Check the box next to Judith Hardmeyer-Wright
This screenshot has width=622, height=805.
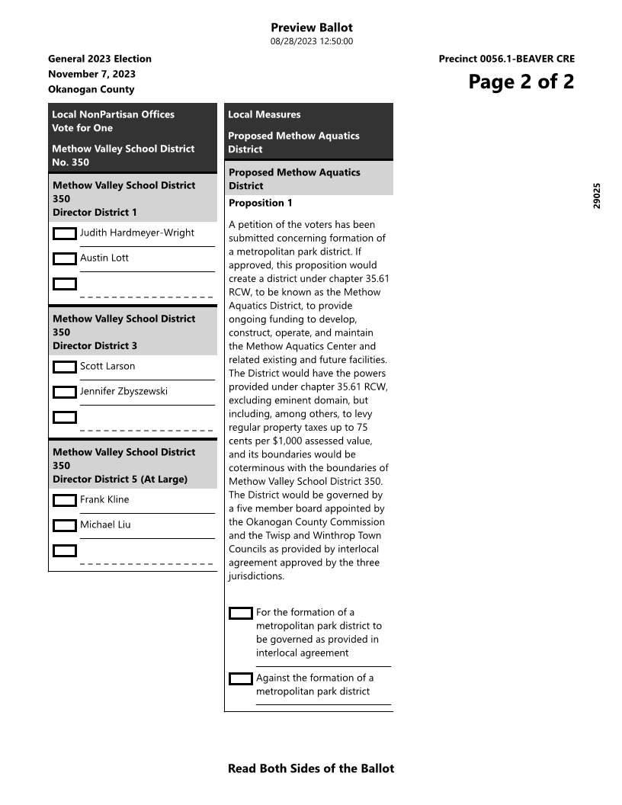(x=65, y=233)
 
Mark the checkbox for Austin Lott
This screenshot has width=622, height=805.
(x=65, y=258)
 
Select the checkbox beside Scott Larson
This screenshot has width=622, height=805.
(x=65, y=367)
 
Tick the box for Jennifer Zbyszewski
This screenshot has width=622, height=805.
(x=65, y=392)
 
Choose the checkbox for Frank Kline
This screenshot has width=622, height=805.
(x=65, y=500)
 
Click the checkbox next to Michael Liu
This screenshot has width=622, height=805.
(x=65, y=525)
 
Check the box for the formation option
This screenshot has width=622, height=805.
(x=241, y=613)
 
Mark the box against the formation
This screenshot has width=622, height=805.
(x=241, y=678)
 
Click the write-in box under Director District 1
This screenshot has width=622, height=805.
(x=65, y=284)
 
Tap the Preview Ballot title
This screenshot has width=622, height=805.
(x=311, y=28)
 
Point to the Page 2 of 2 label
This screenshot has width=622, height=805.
(x=521, y=82)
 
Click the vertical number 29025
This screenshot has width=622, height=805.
(x=597, y=195)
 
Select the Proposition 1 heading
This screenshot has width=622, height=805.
(x=261, y=203)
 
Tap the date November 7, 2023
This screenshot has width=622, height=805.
(x=91, y=74)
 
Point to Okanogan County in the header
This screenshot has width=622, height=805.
(x=91, y=89)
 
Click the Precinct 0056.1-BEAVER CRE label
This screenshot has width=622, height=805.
(x=506, y=59)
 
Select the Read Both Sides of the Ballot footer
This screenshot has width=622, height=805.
(x=311, y=768)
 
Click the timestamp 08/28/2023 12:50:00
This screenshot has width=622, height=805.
(x=311, y=41)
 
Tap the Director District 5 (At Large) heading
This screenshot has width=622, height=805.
(x=120, y=479)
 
